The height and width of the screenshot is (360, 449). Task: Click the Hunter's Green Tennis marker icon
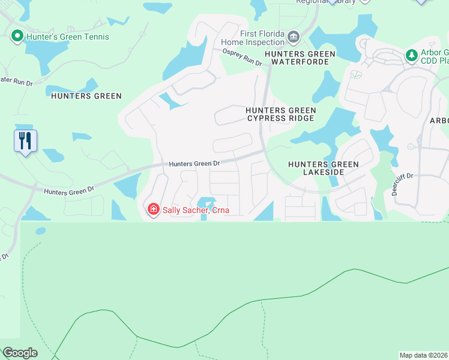(17, 37)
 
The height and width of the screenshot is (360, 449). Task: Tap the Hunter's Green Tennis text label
(67, 37)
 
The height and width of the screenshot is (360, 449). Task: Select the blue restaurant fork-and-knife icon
(25, 142)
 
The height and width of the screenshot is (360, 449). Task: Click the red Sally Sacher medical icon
(154, 209)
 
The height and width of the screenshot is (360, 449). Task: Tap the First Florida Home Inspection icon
(294, 37)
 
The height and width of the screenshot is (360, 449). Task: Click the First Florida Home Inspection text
(253, 38)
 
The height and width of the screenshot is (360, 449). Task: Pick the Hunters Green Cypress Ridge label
(280, 114)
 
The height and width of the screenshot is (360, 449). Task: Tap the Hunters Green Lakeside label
(324, 168)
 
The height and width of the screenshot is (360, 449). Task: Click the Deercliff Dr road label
(403, 184)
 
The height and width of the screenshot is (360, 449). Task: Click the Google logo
(19, 353)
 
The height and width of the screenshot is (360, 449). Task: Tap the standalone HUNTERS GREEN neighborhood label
(86, 96)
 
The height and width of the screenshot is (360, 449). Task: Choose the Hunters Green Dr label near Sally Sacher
(69, 190)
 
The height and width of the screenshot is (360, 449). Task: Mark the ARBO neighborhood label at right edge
(439, 120)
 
